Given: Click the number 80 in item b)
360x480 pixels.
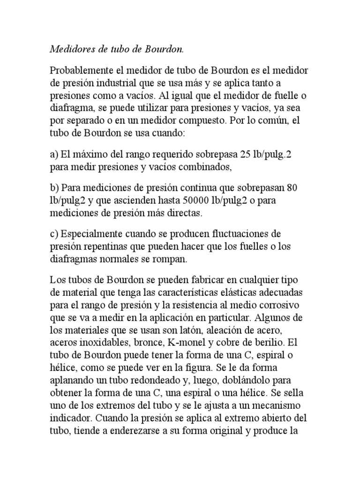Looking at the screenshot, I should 291,187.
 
